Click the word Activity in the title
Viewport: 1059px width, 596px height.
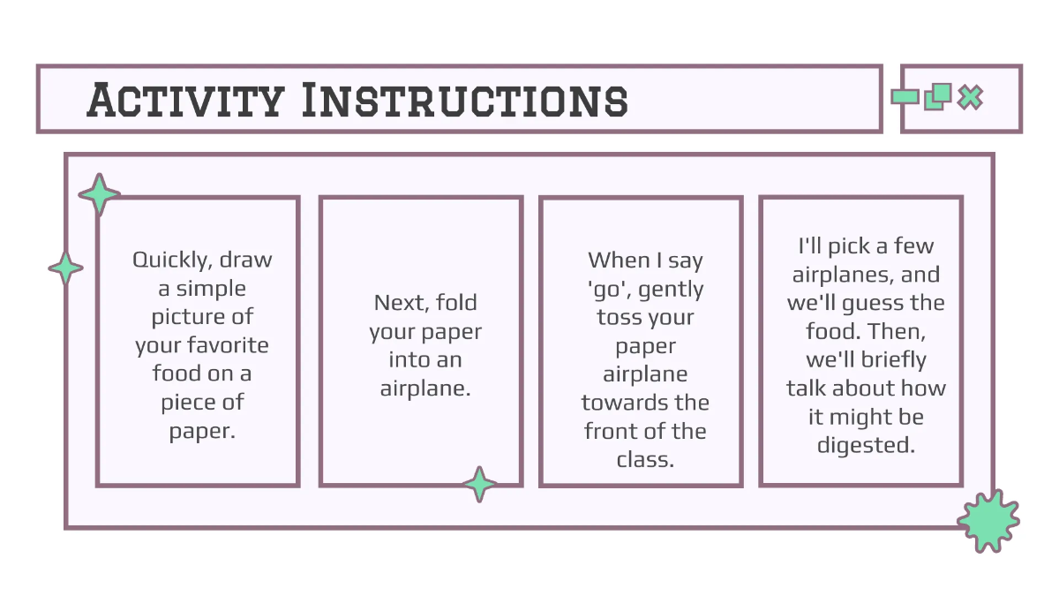(185, 100)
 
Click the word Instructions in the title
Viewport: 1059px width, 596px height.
(465, 100)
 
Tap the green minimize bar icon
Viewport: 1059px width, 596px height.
(905, 97)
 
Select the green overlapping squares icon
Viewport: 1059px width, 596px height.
(938, 97)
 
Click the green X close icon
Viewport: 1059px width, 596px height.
(970, 97)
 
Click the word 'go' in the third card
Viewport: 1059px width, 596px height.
(609, 290)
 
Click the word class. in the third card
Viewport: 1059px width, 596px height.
(645, 460)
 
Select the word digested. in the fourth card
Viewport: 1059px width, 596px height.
(866, 446)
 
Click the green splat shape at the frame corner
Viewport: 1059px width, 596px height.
(988, 521)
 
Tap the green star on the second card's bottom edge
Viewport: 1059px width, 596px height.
(479, 484)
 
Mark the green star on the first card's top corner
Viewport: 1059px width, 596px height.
(99, 194)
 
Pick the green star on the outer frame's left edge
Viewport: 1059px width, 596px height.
(65, 268)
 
